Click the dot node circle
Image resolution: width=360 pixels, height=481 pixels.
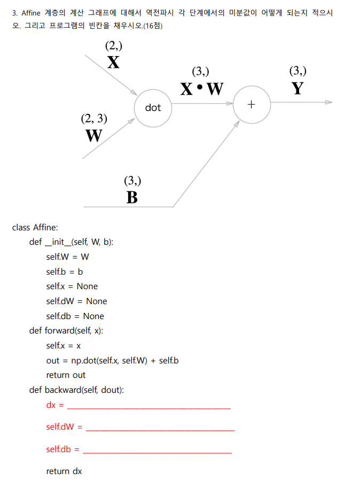pyautogui.click(x=153, y=107)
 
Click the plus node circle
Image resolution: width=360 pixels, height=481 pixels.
pyautogui.click(x=252, y=104)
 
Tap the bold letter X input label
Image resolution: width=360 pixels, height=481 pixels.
pyautogui.click(x=113, y=63)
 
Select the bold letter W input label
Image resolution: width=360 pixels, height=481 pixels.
pyautogui.click(x=94, y=135)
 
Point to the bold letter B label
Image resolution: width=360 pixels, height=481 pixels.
pyautogui.click(x=132, y=197)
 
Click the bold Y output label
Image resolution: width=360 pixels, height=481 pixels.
pyautogui.click(x=298, y=88)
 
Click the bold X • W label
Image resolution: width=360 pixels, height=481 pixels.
pyautogui.click(x=201, y=89)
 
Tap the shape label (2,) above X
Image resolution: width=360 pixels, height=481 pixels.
pyautogui.click(x=114, y=45)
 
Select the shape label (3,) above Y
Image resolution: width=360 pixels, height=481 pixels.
pyautogui.click(x=298, y=71)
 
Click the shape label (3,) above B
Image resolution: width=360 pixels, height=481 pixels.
pyautogui.click(x=132, y=180)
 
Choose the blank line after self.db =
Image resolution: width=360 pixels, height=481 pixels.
pyautogui.click(x=158, y=452)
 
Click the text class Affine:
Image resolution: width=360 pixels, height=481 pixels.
pyautogui.click(x=35, y=227)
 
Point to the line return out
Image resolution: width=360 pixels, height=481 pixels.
pyautogui.click(x=66, y=375)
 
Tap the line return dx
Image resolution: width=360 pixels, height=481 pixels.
pyautogui.click(x=64, y=471)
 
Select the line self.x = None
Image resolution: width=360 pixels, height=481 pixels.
pyautogui.click(x=72, y=286)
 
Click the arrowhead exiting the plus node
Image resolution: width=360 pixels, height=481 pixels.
pyautogui.click(x=328, y=102)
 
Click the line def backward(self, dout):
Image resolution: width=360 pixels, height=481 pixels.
pyautogui.click(x=76, y=390)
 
